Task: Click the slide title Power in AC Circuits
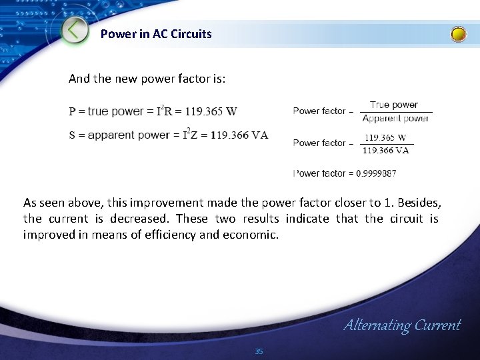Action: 156,33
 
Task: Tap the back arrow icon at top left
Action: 75,30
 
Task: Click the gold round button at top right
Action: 459,34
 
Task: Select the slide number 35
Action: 259,351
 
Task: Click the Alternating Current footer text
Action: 401,325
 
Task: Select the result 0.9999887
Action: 376,173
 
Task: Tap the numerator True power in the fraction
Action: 393,105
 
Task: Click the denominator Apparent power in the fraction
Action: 395,119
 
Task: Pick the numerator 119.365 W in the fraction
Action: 385,138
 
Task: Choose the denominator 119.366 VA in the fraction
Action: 385,150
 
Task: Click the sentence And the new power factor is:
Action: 147,79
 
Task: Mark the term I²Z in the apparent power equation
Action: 193,135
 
